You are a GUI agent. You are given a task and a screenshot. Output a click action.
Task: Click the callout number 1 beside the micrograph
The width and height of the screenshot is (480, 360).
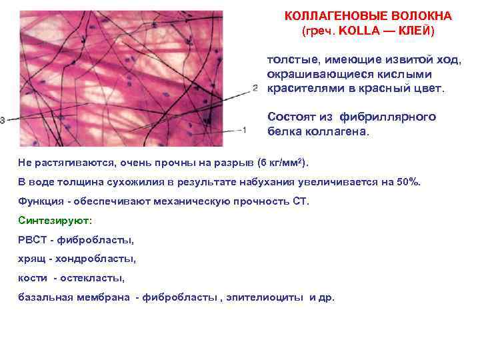click(245, 129)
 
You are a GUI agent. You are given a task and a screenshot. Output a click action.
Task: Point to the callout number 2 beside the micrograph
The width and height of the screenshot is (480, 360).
click(255, 87)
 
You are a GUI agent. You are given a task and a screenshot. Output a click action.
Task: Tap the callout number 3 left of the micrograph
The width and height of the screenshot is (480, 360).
click(3, 120)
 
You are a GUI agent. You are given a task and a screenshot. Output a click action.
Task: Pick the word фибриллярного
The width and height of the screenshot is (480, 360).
click(388, 117)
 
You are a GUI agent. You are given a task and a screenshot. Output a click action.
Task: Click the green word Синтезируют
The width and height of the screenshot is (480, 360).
click(55, 220)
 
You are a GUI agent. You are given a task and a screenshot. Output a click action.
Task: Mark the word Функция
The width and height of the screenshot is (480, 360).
click(41, 201)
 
